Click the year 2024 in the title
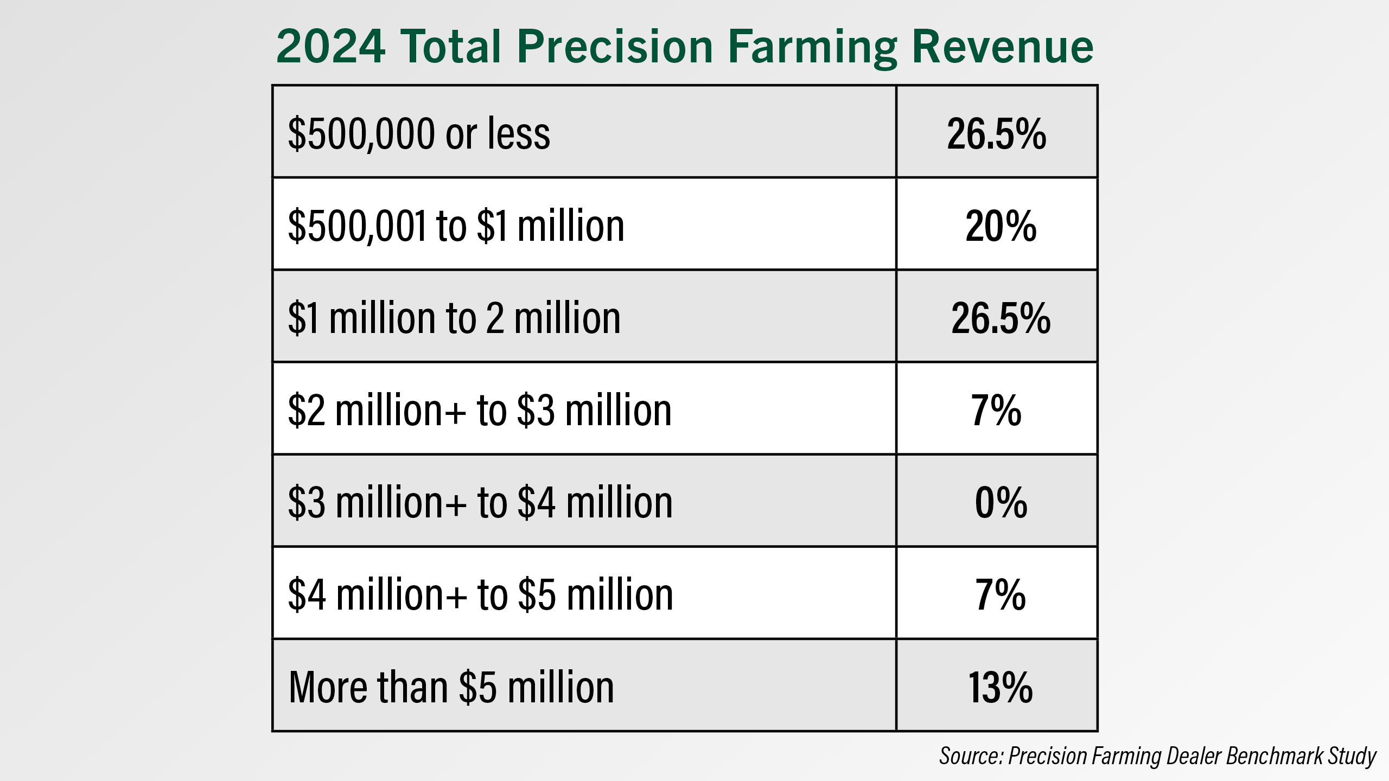click(331, 47)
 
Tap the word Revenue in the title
click(1003, 47)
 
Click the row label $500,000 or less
click(419, 133)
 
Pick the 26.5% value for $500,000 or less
click(997, 133)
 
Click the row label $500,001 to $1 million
click(456, 226)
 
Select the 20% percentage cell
click(1001, 226)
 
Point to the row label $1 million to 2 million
click(454, 318)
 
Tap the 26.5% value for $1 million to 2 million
click(1001, 318)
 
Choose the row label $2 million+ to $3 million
click(480, 410)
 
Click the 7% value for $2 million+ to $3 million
click(996, 410)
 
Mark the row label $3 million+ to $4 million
click(480, 502)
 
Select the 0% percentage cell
click(1001, 502)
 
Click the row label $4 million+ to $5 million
click(480, 594)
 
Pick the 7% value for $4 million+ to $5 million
click(1001, 594)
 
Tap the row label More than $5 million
click(451, 687)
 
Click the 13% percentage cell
click(1001, 687)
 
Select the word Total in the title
click(450, 47)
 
